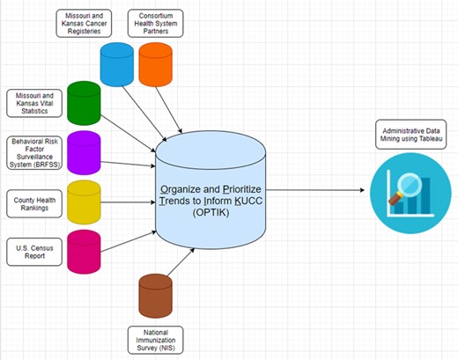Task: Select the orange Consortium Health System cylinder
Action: pos(155,63)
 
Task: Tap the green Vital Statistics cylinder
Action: pos(84,102)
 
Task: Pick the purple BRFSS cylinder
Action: pos(84,151)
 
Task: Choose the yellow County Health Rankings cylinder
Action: pos(84,201)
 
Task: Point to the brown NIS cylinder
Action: pos(155,296)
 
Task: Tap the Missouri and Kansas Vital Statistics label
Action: pos(34,102)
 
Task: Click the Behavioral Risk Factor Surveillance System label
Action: pos(34,151)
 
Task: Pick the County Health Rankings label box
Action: pos(34,200)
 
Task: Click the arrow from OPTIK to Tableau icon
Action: pos(317,190)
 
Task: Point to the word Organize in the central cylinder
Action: pos(181,189)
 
